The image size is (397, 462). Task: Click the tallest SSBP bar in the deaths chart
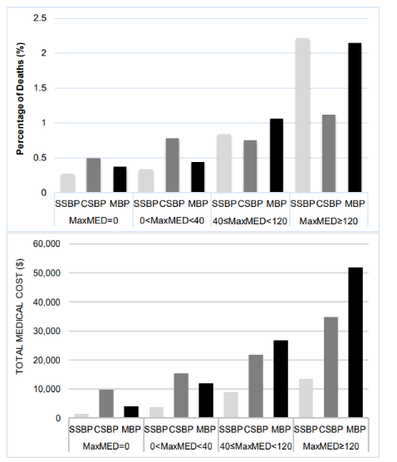[x=301, y=116]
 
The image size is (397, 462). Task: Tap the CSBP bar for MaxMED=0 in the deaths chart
[x=94, y=175]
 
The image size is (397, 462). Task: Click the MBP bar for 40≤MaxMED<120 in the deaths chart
[x=277, y=155]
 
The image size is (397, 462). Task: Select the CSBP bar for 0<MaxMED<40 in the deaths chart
[x=172, y=165]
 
